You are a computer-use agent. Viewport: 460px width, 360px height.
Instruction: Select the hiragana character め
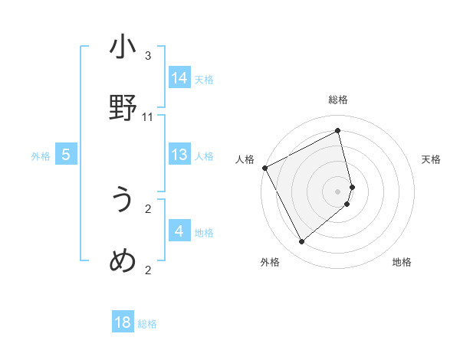pos(123,261)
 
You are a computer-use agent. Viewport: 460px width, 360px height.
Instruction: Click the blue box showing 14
pos(179,78)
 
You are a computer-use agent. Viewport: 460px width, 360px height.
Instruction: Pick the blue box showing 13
pos(179,155)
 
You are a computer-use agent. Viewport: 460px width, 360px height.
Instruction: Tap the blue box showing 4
pos(179,231)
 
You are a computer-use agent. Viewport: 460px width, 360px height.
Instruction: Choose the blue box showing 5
pos(66,155)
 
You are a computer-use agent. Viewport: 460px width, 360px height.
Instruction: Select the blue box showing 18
pos(123,322)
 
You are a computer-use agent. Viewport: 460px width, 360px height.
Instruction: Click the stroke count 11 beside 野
pos(148,117)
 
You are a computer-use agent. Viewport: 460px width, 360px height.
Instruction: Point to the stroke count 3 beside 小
pos(148,56)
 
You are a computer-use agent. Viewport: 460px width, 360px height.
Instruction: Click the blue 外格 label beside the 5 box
pos(41,156)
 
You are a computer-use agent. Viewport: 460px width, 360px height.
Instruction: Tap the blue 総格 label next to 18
pos(147,324)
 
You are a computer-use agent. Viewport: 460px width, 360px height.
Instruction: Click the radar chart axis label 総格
pos(338,100)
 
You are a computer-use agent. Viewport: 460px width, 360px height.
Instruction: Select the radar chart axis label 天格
pos(431,159)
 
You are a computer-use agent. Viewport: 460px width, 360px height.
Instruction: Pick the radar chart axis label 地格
pos(402,262)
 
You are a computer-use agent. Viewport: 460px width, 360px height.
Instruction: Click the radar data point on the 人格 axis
pos(264,168)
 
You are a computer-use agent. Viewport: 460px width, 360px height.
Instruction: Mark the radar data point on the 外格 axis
pos(301,242)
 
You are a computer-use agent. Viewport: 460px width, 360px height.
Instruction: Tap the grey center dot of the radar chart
pos(338,191)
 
